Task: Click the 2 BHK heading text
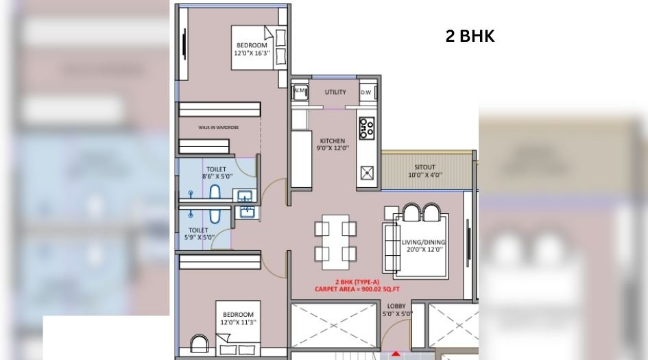[470, 37]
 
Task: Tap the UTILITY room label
[335, 92]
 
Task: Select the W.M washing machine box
[300, 91]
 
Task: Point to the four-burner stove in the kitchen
[367, 128]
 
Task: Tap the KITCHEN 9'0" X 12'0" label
[333, 144]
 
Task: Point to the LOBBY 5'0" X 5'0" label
[396, 310]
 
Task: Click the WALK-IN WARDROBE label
[218, 128]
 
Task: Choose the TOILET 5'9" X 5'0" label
[200, 234]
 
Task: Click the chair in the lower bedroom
[198, 344]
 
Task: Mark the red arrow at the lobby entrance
[396, 355]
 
